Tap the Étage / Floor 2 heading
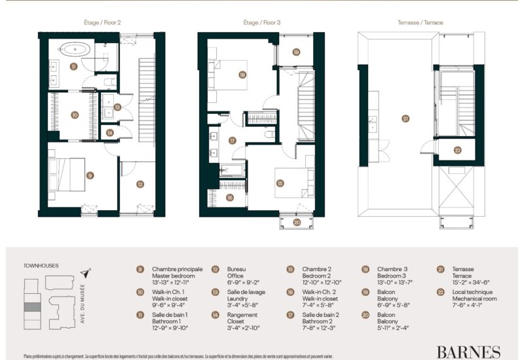(x=102, y=22)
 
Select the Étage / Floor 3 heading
(x=262, y=22)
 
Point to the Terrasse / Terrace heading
(x=420, y=22)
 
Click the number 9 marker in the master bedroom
(x=90, y=175)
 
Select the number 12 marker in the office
(x=140, y=185)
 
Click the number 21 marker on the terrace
(x=405, y=118)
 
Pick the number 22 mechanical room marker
(x=457, y=150)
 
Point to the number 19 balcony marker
(x=296, y=52)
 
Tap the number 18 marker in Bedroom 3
(x=242, y=75)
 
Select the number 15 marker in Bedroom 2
(x=280, y=183)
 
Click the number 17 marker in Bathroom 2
(x=232, y=140)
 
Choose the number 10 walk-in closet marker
(x=75, y=115)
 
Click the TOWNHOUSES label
(x=41, y=266)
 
